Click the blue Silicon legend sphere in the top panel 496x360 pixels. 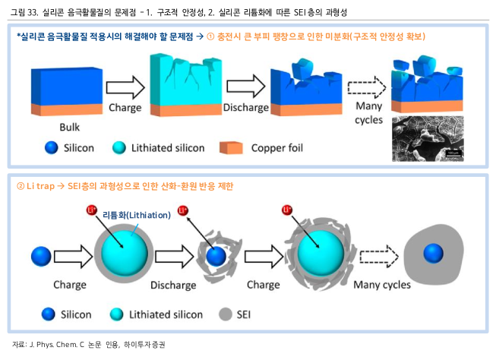pos(52,147)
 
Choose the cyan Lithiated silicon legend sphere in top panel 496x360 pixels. pos(119,147)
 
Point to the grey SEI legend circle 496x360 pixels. pos(226,314)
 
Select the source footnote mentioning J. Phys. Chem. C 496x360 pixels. pos(88,344)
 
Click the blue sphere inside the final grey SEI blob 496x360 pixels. pos(433,253)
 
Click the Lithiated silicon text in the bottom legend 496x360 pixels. pos(166,314)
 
